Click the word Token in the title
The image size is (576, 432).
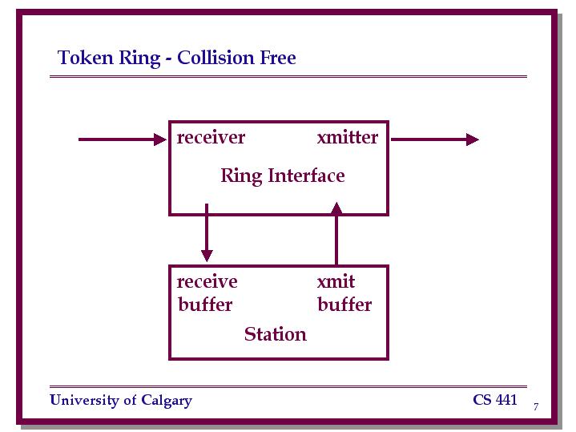point(85,58)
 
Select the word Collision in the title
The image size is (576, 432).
point(216,58)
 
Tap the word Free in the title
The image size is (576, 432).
point(278,58)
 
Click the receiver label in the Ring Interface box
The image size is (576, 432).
point(211,138)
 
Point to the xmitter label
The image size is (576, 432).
point(348,137)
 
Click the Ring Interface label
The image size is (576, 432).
point(283,176)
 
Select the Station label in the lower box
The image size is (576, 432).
point(275,334)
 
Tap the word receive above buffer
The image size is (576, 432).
point(207,282)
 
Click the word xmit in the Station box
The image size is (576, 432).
point(336,281)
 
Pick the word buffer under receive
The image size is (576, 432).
point(205,305)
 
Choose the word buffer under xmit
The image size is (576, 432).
point(344,305)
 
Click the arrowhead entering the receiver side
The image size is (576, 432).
point(160,139)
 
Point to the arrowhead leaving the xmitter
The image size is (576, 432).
point(473,139)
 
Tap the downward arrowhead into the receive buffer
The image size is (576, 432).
point(207,256)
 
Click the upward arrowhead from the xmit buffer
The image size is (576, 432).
point(336,208)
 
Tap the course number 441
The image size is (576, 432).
point(506,400)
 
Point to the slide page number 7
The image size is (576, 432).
point(536,406)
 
